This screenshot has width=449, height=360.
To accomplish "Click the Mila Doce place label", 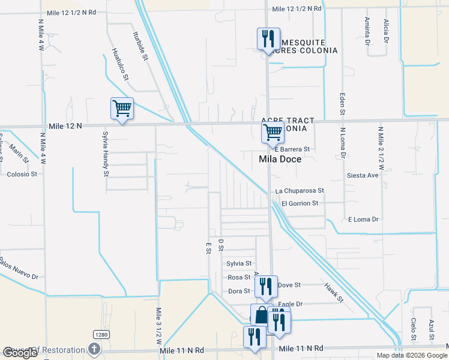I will (279, 160).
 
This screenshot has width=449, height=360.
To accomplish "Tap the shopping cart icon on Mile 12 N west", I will (122, 109).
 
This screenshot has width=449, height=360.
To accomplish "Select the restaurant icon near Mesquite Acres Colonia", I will (268, 40).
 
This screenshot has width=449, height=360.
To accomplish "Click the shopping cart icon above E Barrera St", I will (273, 133).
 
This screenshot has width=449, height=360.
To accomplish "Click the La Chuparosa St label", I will (300, 191).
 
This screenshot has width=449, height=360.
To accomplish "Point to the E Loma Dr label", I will (364, 220).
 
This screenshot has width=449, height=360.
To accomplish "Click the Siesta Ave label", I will (363, 176).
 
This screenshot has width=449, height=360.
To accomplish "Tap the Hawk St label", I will (334, 292).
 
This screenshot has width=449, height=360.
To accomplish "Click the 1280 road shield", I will (100, 334).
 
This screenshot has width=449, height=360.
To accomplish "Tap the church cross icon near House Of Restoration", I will (94, 349).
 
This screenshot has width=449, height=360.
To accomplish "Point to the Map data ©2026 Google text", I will (412, 355).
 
